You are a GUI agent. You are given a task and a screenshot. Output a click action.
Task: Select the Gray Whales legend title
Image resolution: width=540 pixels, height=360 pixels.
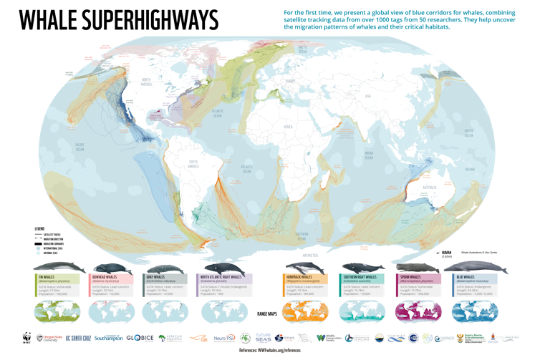(x=156, y=276)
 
